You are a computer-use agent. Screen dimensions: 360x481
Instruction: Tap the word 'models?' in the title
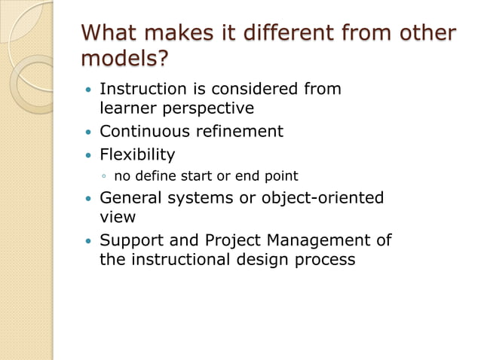click(124, 59)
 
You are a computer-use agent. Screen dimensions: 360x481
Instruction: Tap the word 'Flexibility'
click(137, 155)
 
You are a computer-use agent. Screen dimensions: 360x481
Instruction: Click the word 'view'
click(118, 217)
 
